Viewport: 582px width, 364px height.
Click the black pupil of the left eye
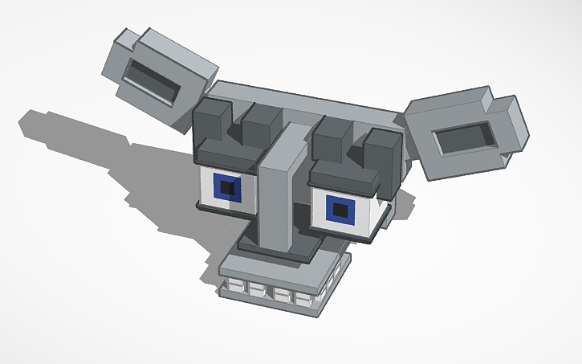(x=229, y=189)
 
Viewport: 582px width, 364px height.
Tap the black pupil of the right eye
(x=340, y=211)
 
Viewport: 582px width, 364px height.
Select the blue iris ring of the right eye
(x=330, y=211)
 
